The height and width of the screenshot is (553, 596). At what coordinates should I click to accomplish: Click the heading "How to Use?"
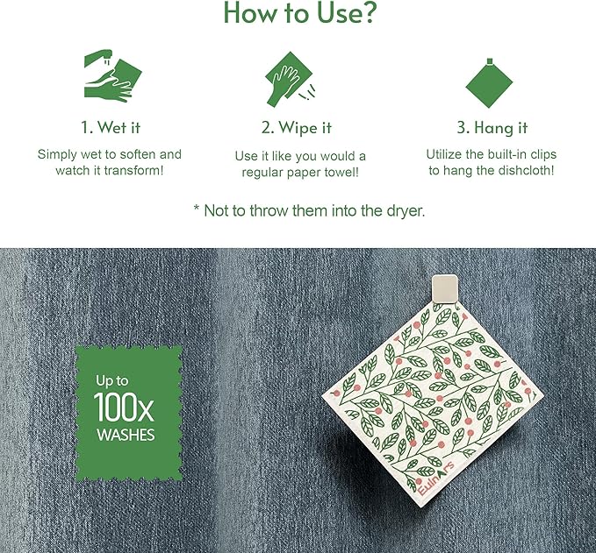298,13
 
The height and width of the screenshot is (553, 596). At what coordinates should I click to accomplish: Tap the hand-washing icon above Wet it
109,76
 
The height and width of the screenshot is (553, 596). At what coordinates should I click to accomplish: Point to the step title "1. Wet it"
110,128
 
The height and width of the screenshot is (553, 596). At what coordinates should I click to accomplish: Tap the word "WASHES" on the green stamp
126,434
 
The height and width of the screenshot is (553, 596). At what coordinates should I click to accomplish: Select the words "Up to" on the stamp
111,382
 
